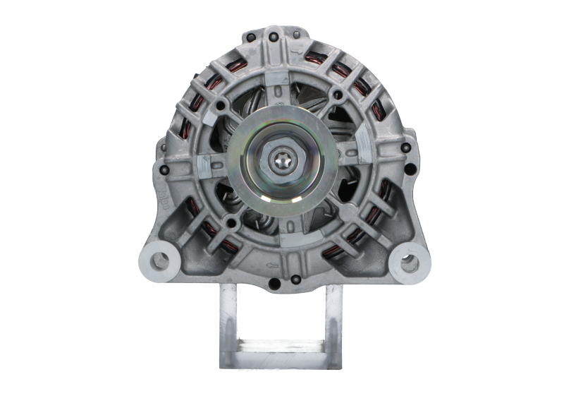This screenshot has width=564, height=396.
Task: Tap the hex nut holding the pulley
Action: (281, 161)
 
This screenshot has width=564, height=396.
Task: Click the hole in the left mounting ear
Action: (161, 260)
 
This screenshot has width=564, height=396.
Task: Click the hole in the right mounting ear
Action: (407, 262)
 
